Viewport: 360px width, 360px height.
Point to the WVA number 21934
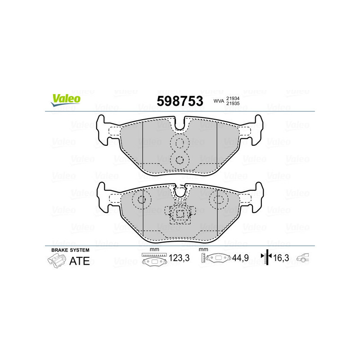coord(233,98)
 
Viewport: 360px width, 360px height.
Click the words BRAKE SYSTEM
coord(70,250)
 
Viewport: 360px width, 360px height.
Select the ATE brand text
coord(79,261)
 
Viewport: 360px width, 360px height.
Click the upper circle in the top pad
coord(180,143)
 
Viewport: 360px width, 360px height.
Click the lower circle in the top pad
coord(180,159)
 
